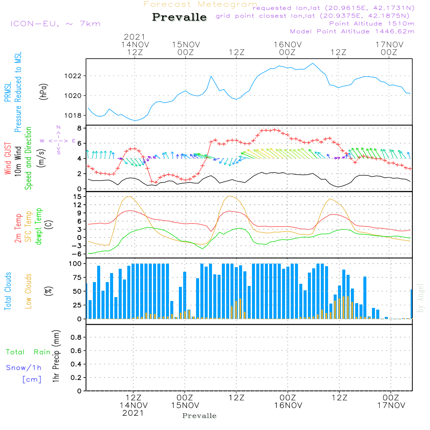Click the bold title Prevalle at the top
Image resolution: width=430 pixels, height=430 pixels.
[x=179, y=17]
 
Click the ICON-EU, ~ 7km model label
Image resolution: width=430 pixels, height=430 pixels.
[x=55, y=23]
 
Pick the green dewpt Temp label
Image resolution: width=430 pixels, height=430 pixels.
[x=39, y=226]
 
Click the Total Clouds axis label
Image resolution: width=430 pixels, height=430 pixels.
[x=8, y=291]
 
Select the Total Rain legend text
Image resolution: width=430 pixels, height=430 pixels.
[x=28, y=352]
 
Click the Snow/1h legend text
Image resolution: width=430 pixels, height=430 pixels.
[x=24, y=368]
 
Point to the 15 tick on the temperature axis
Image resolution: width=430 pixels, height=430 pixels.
[x=77, y=197]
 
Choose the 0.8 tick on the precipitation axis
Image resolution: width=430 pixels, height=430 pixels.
[x=76, y=338]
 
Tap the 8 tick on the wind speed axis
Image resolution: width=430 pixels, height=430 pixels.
[x=79, y=128]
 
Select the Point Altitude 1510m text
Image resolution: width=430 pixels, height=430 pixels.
[x=372, y=23]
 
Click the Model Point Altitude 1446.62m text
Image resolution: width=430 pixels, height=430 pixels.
[x=352, y=31]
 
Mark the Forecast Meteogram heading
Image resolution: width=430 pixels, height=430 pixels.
[x=200, y=4]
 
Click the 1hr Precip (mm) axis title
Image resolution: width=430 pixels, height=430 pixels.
[x=56, y=357]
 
